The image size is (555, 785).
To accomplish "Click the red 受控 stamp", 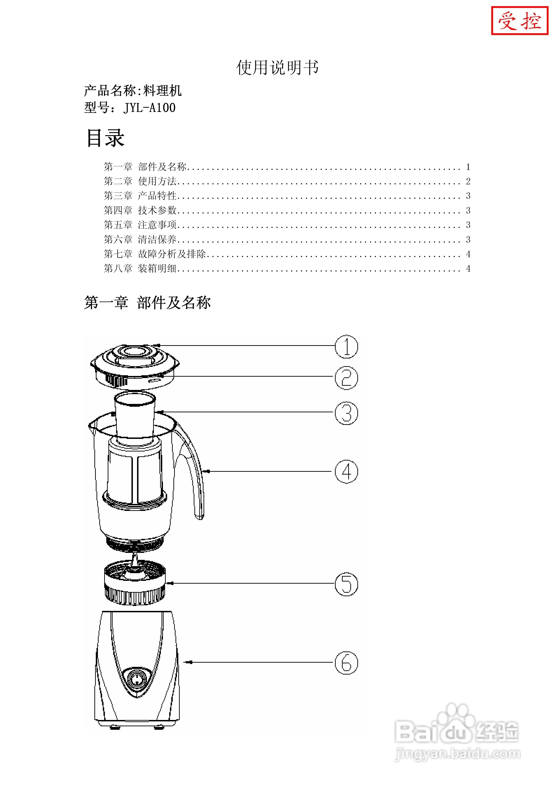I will [519, 21].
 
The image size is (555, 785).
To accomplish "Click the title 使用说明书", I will [277, 67].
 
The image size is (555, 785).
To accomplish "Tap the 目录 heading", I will [105, 138].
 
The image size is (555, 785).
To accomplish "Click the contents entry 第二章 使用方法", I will [140, 181].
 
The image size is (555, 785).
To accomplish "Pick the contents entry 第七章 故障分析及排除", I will [155, 254].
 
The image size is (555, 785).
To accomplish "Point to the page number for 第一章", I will [468, 167].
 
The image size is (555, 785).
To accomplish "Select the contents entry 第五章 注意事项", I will [140, 225].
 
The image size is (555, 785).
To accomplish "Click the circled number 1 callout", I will [346, 347].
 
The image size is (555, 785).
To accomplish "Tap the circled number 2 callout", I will [346, 378].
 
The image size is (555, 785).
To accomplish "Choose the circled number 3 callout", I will [346, 413].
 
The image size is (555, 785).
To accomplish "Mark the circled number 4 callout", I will [346, 472].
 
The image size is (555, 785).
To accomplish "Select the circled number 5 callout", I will [346, 584].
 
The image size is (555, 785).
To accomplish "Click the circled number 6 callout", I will [346, 663].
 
